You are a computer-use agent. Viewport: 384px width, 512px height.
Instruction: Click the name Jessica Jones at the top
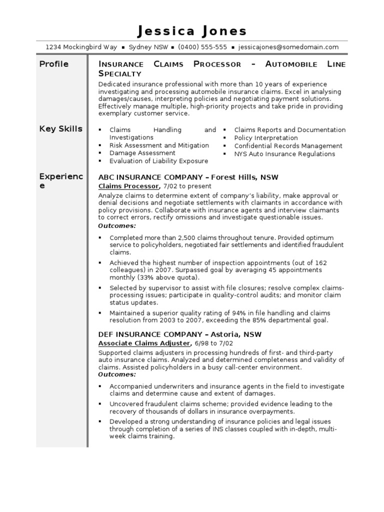192,31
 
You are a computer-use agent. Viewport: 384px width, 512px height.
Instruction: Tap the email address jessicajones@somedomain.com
288,47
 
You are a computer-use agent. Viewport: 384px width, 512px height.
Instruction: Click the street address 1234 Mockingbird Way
81,47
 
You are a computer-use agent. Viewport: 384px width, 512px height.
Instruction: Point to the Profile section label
54,64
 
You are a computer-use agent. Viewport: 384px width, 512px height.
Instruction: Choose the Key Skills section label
60,128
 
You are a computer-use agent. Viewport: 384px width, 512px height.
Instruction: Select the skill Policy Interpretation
265,137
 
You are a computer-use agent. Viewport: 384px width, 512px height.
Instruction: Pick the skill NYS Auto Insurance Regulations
284,153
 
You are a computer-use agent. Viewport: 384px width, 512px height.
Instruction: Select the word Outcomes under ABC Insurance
117,225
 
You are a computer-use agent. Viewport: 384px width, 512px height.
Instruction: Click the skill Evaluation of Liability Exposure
158,161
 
